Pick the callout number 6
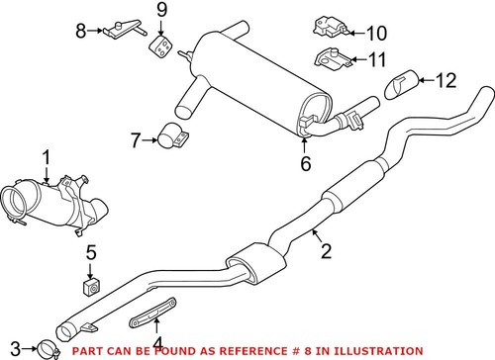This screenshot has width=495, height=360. point(305,162)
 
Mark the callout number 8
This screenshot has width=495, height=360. point(82,31)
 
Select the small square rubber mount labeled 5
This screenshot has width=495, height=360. point(88,286)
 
